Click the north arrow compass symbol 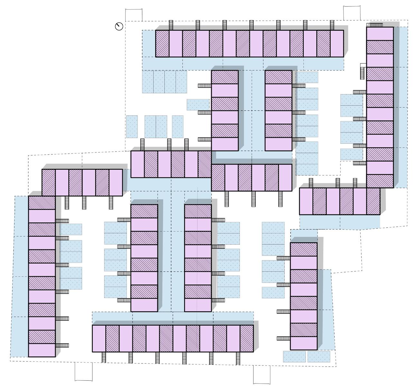(119, 26)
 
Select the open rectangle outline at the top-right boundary (352, 13)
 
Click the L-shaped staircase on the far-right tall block (363, 71)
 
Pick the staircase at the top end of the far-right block (376, 25)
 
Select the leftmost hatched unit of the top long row (162, 44)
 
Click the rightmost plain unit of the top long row (337, 44)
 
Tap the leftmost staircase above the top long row (171, 25)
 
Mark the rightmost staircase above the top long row (332, 25)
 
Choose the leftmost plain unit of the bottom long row (99, 339)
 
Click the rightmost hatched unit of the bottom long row (247, 339)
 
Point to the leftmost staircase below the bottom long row (104, 357)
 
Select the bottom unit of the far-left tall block (42, 350)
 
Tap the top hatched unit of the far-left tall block (42, 203)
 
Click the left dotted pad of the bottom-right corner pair (294, 357)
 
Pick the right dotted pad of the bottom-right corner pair (319, 357)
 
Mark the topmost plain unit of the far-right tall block (380, 34)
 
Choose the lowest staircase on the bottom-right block (283, 338)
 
